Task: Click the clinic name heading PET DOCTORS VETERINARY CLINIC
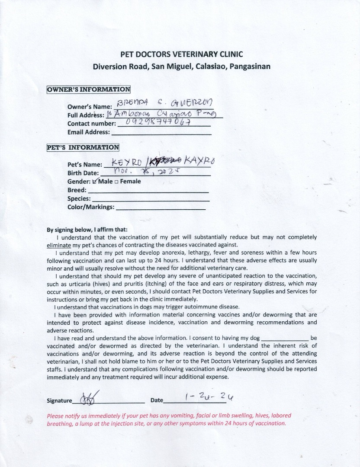181,54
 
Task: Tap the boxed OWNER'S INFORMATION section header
88,90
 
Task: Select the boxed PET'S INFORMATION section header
83,147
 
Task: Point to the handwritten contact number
158,122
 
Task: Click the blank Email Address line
161,132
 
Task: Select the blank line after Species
151,199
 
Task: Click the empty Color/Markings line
161,208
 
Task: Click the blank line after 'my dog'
285,338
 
